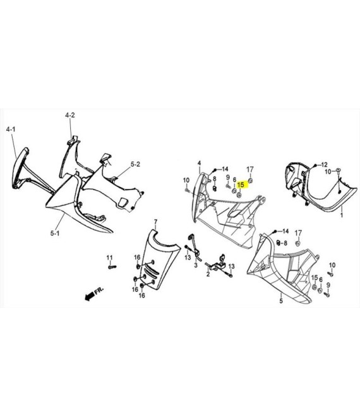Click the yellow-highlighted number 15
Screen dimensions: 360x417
pos(241,184)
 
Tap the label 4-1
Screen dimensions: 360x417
pos(11,130)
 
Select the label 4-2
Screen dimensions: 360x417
pos(70,115)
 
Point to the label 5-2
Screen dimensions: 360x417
pos(135,164)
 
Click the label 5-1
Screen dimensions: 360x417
pos(55,233)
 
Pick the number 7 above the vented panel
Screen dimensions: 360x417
pos(156,222)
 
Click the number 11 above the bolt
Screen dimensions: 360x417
pos(109,257)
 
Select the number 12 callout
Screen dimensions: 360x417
pos(325,165)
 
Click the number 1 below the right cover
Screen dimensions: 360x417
pos(342,215)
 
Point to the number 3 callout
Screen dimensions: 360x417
pos(196,265)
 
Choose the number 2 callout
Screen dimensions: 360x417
pos(208,274)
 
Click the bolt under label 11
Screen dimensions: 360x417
pos(112,267)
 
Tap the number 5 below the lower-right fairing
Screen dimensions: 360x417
pos(281,301)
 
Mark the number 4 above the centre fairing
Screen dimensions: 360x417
pos(200,163)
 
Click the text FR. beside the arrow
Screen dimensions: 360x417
pos(99,290)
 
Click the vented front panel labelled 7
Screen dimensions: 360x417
pos(159,259)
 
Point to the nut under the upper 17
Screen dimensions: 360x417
pos(250,181)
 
